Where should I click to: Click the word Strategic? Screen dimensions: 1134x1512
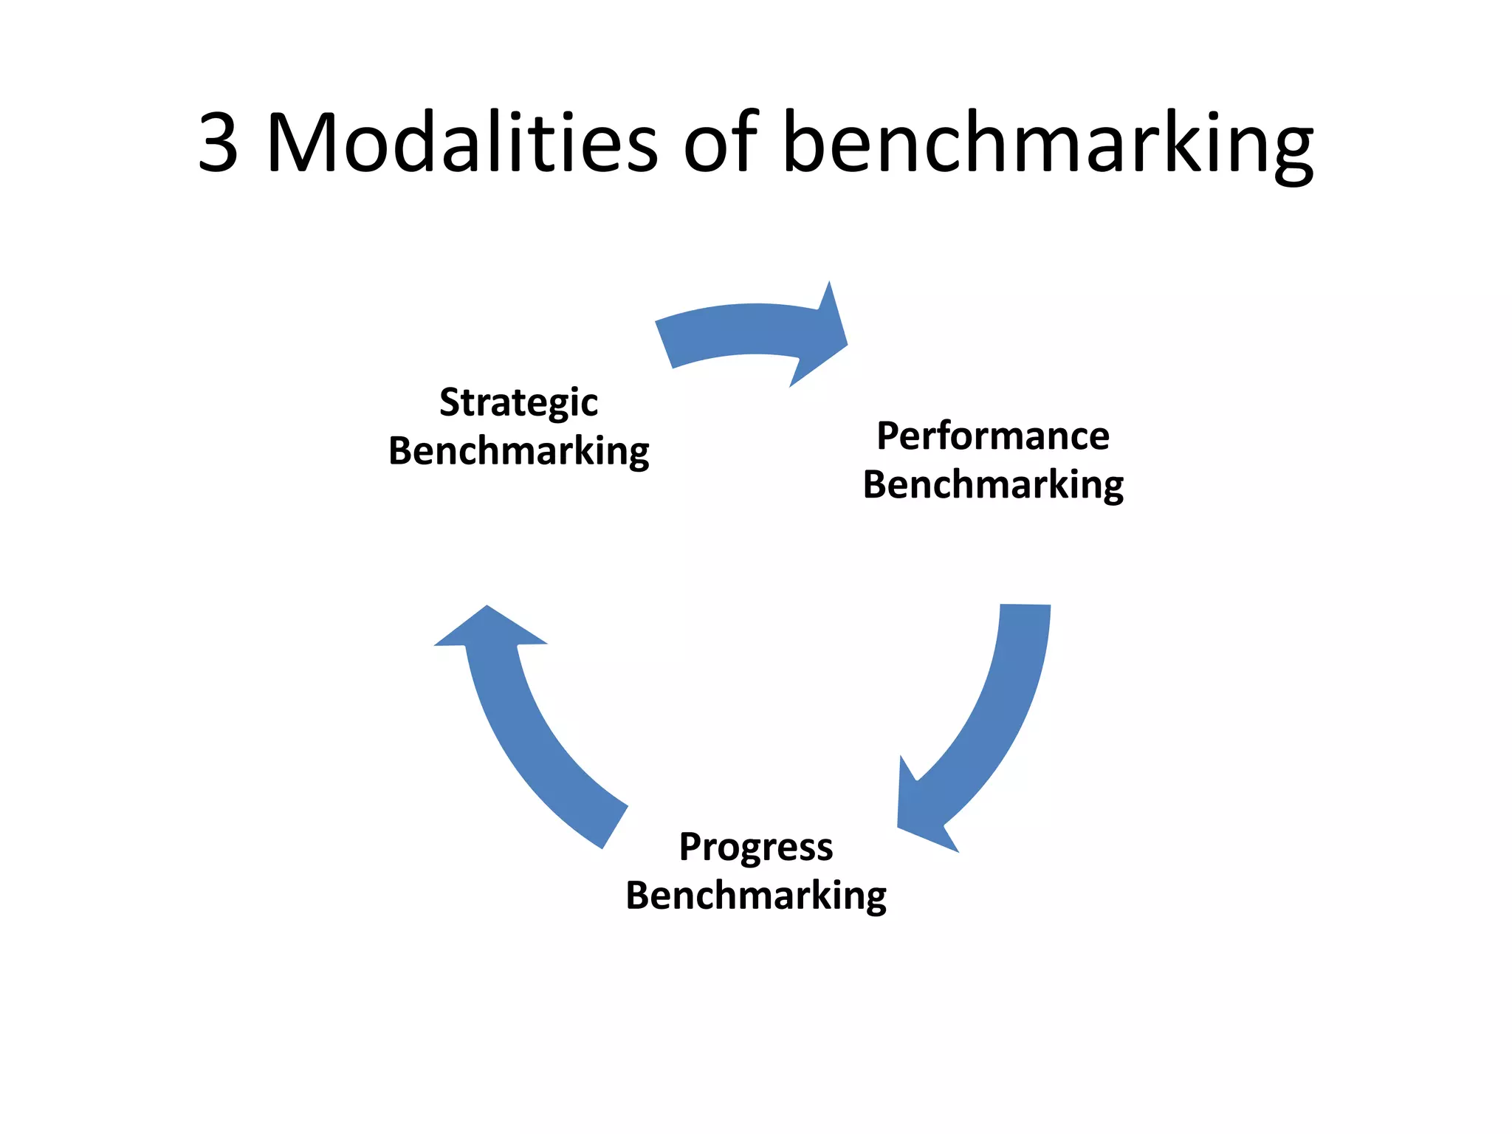tap(518, 403)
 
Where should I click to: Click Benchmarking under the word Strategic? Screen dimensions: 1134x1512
tap(518, 451)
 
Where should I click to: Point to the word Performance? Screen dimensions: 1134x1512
tap(992, 436)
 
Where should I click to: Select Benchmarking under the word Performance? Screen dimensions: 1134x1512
tap(992, 485)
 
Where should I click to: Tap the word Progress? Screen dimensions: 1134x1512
tap(756, 847)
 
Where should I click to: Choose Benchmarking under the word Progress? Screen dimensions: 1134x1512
tap(756, 896)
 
